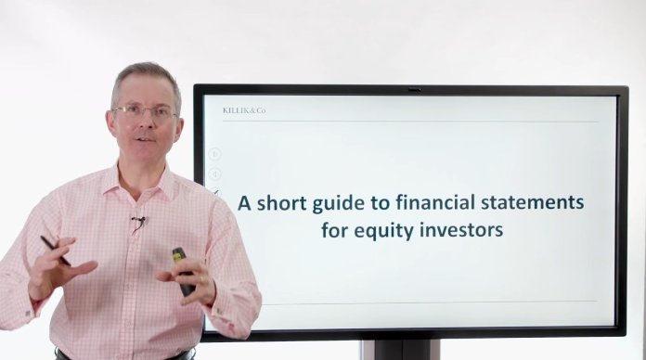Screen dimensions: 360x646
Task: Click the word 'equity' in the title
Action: click(x=388, y=229)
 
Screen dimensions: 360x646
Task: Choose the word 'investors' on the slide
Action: click(x=463, y=228)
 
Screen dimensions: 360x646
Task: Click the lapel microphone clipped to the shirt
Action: click(x=138, y=223)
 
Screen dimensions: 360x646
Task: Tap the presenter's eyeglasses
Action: click(x=144, y=111)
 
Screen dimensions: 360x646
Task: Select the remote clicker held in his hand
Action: click(x=182, y=270)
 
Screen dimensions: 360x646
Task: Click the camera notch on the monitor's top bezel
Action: click(x=414, y=90)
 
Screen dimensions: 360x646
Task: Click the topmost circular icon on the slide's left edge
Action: click(x=214, y=154)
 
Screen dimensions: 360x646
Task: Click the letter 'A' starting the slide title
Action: click(x=244, y=200)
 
